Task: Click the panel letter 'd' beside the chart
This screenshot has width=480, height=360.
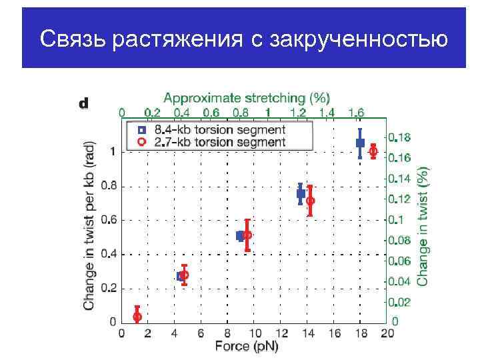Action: (x=84, y=103)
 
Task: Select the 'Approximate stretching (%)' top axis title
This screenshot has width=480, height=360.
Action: (x=247, y=98)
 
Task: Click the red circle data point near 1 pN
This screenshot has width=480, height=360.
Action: (x=137, y=317)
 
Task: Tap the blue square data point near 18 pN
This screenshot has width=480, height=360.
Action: (x=360, y=143)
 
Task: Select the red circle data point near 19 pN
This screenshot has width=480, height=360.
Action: (x=373, y=152)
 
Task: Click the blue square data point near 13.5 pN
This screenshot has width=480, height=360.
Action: (x=301, y=193)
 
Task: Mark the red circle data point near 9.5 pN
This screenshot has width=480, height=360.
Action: (x=247, y=235)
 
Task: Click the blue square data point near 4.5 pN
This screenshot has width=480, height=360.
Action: (x=181, y=276)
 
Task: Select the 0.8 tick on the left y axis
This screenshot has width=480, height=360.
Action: (x=108, y=186)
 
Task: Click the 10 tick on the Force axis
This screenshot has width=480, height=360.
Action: (x=253, y=333)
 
